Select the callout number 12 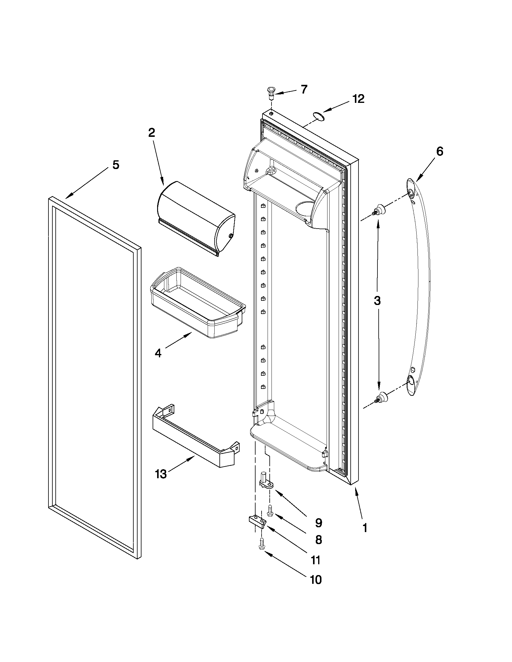358,99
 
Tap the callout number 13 161,474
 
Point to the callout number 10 315,580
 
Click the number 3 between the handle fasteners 377,301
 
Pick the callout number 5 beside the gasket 116,165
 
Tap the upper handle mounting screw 379,209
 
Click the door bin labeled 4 197,303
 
